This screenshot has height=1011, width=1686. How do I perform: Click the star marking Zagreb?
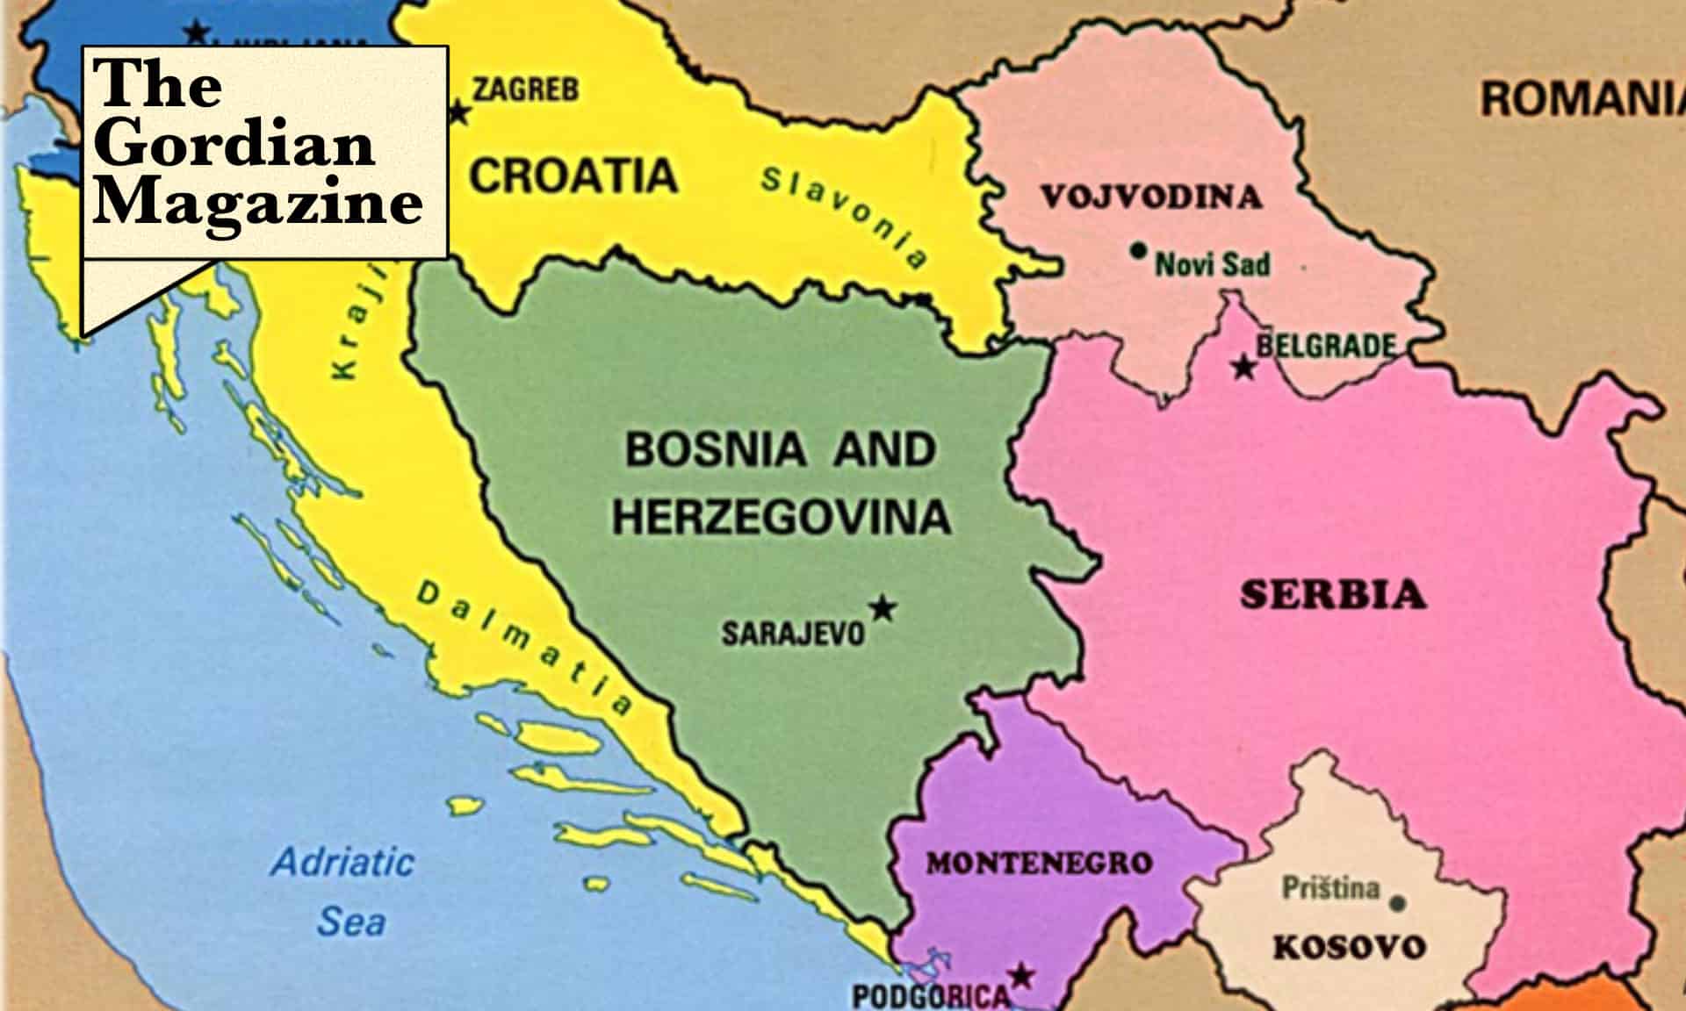click(x=458, y=113)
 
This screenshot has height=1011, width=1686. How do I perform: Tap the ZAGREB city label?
click(x=525, y=90)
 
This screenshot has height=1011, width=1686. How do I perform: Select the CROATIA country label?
click(x=573, y=175)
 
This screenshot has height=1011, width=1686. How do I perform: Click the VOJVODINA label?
click(x=1151, y=197)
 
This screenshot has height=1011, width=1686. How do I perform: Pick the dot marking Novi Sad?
click(x=1138, y=251)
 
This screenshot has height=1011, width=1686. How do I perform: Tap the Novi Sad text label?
click(x=1213, y=264)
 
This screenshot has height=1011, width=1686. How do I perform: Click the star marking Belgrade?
click(x=1243, y=368)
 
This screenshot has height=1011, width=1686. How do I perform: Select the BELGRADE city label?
click(x=1325, y=346)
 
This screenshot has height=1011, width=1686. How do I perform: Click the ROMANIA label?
click(x=1581, y=98)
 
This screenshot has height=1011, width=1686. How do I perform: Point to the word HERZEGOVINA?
click(x=781, y=516)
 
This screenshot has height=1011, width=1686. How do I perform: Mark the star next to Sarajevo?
click(x=883, y=607)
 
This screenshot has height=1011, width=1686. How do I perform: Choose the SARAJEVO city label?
click(x=793, y=634)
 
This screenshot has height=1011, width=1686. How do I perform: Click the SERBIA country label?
click(x=1332, y=595)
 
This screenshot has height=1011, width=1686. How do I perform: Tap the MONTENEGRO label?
click(x=1039, y=864)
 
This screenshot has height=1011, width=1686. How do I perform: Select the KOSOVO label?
click(x=1350, y=947)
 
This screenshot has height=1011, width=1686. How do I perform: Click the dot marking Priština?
click(x=1398, y=902)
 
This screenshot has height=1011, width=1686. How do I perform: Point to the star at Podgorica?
click(x=1020, y=976)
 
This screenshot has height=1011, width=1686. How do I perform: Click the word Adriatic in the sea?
click(x=342, y=862)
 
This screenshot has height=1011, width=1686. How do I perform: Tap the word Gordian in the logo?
click(x=234, y=144)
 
